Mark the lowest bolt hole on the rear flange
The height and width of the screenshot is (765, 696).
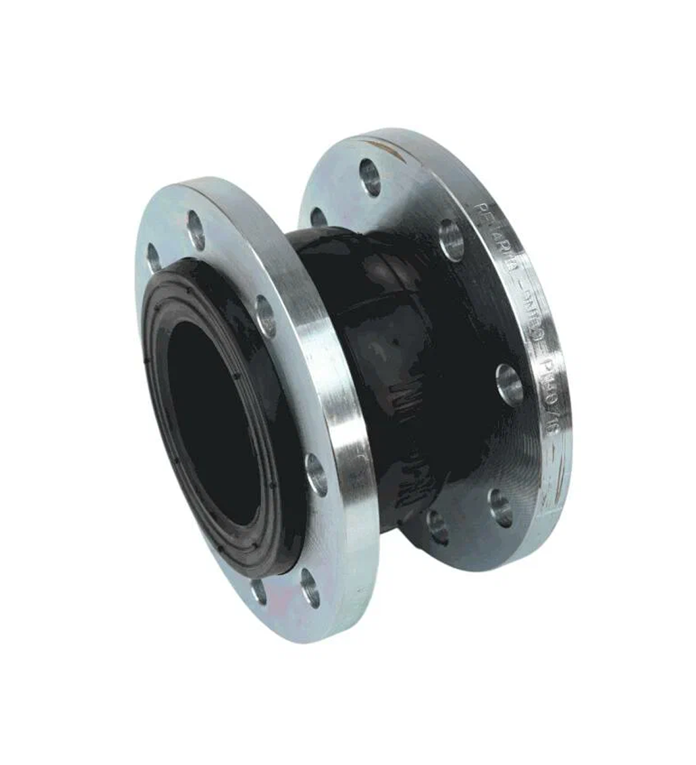[x=437, y=527]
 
